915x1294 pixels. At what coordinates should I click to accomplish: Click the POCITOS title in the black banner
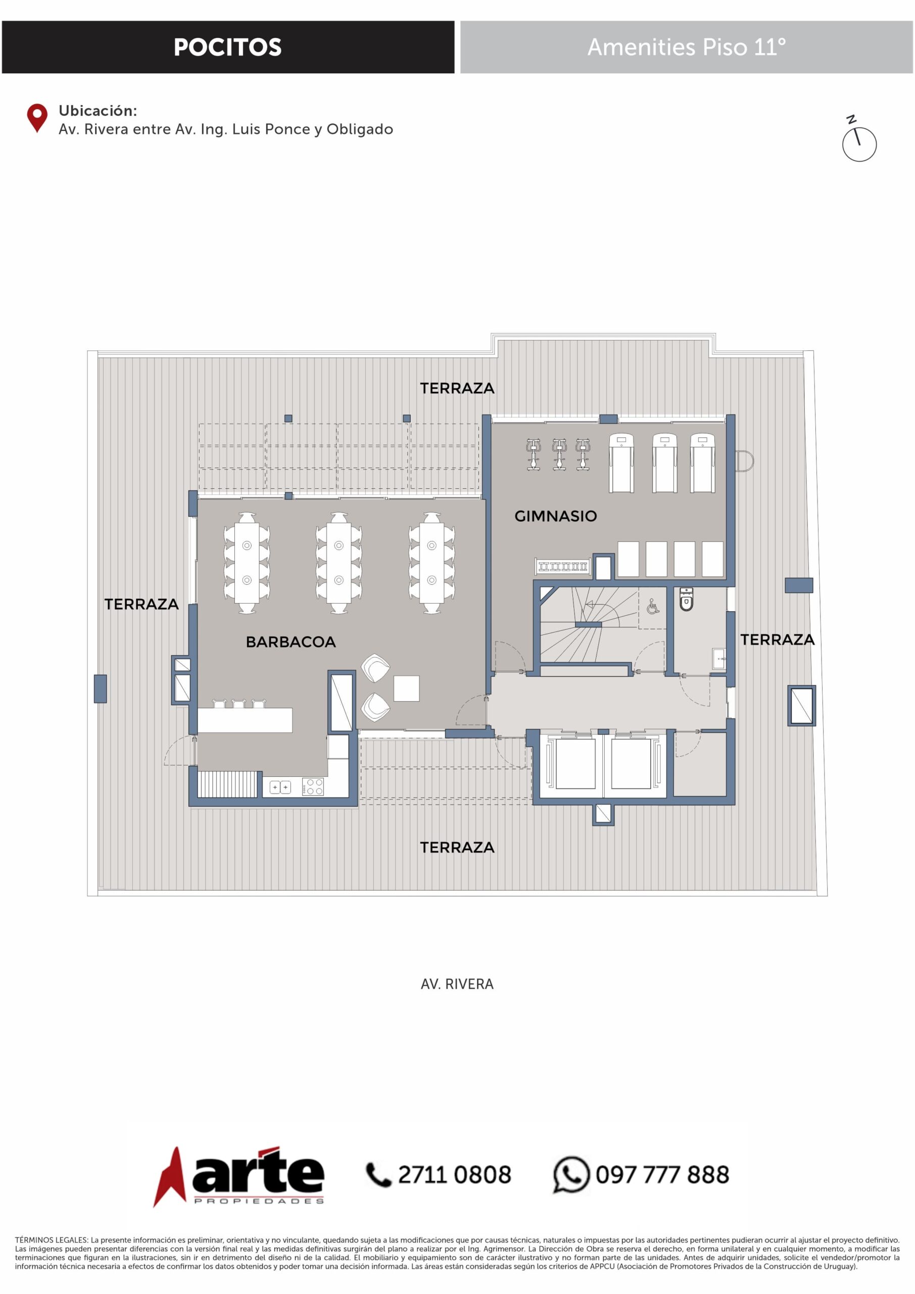(x=228, y=48)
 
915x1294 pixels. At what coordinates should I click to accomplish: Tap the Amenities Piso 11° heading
(x=686, y=48)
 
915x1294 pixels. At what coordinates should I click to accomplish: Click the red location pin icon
(x=37, y=118)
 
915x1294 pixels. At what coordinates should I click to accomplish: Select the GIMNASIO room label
(x=556, y=516)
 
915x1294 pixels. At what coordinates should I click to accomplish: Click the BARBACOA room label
(x=291, y=641)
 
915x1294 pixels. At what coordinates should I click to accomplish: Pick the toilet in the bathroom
(x=686, y=599)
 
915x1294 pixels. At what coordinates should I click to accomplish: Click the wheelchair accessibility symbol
(x=653, y=607)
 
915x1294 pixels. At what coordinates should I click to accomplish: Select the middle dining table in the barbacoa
(x=339, y=563)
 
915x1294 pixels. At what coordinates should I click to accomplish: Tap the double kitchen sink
(x=280, y=787)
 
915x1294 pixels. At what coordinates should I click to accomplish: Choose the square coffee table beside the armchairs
(x=406, y=688)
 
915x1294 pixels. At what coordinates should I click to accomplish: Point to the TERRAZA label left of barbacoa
(x=141, y=604)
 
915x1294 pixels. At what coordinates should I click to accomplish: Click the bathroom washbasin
(x=718, y=658)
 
